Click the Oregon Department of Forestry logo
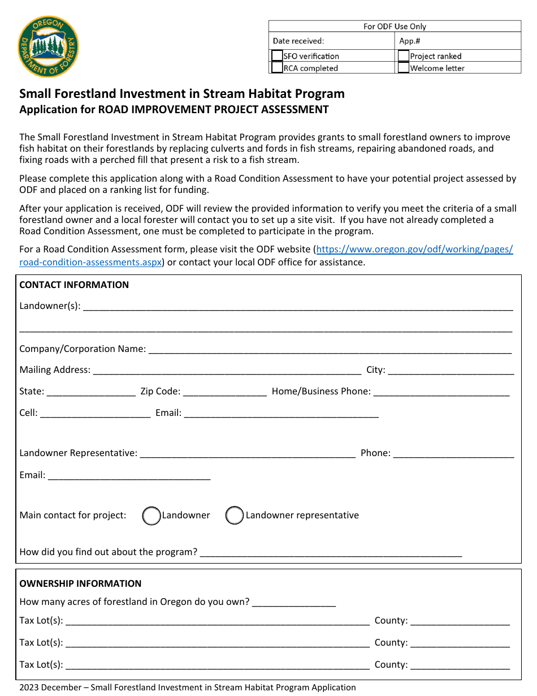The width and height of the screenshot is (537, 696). point(48,47)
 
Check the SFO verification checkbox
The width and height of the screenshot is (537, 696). point(277,56)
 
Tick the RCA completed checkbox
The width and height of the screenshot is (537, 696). point(277,68)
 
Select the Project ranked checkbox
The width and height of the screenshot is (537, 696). point(404,56)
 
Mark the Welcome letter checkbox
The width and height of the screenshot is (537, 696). point(404,68)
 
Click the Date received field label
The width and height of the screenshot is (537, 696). point(298,41)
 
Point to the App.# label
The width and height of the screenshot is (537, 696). point(410,41)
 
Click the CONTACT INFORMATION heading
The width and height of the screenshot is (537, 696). point(74,285)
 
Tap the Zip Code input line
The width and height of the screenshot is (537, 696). point(224,392)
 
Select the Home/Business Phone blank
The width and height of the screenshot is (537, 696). point(441,392)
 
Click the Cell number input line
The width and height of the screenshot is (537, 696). point(96,414)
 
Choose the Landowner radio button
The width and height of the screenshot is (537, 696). point(151,515)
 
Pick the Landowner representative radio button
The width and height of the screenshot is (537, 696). point(235,515)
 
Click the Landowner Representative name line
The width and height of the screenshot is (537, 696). point(248,454)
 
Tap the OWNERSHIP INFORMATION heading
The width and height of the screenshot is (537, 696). point(80,583)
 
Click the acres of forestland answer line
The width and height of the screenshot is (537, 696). point(294,603)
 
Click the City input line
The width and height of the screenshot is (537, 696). point(451,371)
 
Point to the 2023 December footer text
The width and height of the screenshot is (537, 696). point(188,688)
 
